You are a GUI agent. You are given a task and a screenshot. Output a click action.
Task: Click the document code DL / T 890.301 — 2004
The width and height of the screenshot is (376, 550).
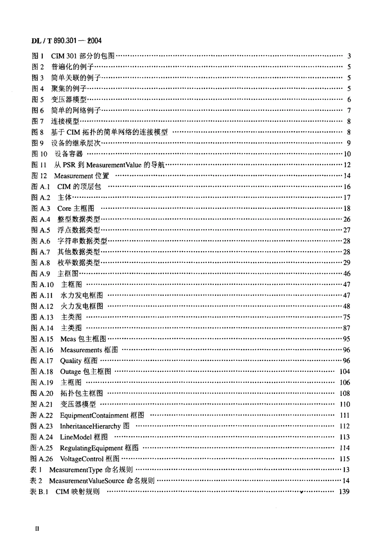click(66, 40)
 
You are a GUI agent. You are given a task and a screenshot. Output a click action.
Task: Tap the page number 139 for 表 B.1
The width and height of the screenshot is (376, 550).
click(344, 492)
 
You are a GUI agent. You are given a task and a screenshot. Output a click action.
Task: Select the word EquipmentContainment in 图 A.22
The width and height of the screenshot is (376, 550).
click(94, 415)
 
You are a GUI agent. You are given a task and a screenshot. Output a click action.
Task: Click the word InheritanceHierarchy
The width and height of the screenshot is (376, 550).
click(90, 426)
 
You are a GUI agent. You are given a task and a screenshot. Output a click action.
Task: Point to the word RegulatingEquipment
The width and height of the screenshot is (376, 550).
click(91, 448)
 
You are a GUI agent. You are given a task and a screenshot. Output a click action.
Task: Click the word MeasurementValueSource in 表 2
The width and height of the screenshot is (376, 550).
click(87, 481)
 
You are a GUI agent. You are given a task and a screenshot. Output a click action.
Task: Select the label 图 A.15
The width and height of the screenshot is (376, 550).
click(42, 339)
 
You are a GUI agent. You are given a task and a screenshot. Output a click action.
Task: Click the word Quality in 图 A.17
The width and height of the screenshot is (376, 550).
click(71, 361)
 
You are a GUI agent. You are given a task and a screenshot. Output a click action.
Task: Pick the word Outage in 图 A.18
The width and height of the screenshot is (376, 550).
click(70, 372)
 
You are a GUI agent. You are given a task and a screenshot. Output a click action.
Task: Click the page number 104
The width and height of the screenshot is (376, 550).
click(344, 372)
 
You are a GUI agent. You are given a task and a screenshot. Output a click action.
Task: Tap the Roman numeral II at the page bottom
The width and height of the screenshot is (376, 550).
click(37, 529)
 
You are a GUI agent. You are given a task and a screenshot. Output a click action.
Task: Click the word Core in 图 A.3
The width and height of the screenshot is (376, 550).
click(64, 208)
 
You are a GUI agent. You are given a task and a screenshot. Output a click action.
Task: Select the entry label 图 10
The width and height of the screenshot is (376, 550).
click(39, 154)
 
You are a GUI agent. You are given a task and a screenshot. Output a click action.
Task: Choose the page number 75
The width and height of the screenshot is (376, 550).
click(347, 317)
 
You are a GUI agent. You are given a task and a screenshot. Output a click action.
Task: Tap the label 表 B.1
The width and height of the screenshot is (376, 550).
click(39, 492)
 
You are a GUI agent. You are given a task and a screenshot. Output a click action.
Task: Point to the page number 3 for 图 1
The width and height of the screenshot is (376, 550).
click(349, 56)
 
